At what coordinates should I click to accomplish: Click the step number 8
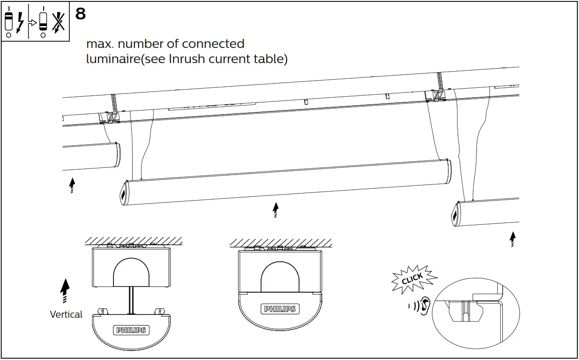(81, 14)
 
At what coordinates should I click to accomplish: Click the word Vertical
(66, 314)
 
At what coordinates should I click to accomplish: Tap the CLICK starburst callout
(412, 279)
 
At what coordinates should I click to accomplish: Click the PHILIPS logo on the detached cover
(131, 330)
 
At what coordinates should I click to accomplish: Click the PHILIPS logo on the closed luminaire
(280, 309)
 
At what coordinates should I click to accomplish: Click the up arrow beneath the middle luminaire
(275, 210)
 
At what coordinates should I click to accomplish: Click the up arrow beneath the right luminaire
(513, 239)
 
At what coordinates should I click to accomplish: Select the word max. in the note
(100, 44)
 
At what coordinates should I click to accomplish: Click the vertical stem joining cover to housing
(131, 300)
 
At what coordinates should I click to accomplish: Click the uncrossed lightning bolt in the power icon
(20, 22)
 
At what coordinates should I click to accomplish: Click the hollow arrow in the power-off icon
(32, 22)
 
